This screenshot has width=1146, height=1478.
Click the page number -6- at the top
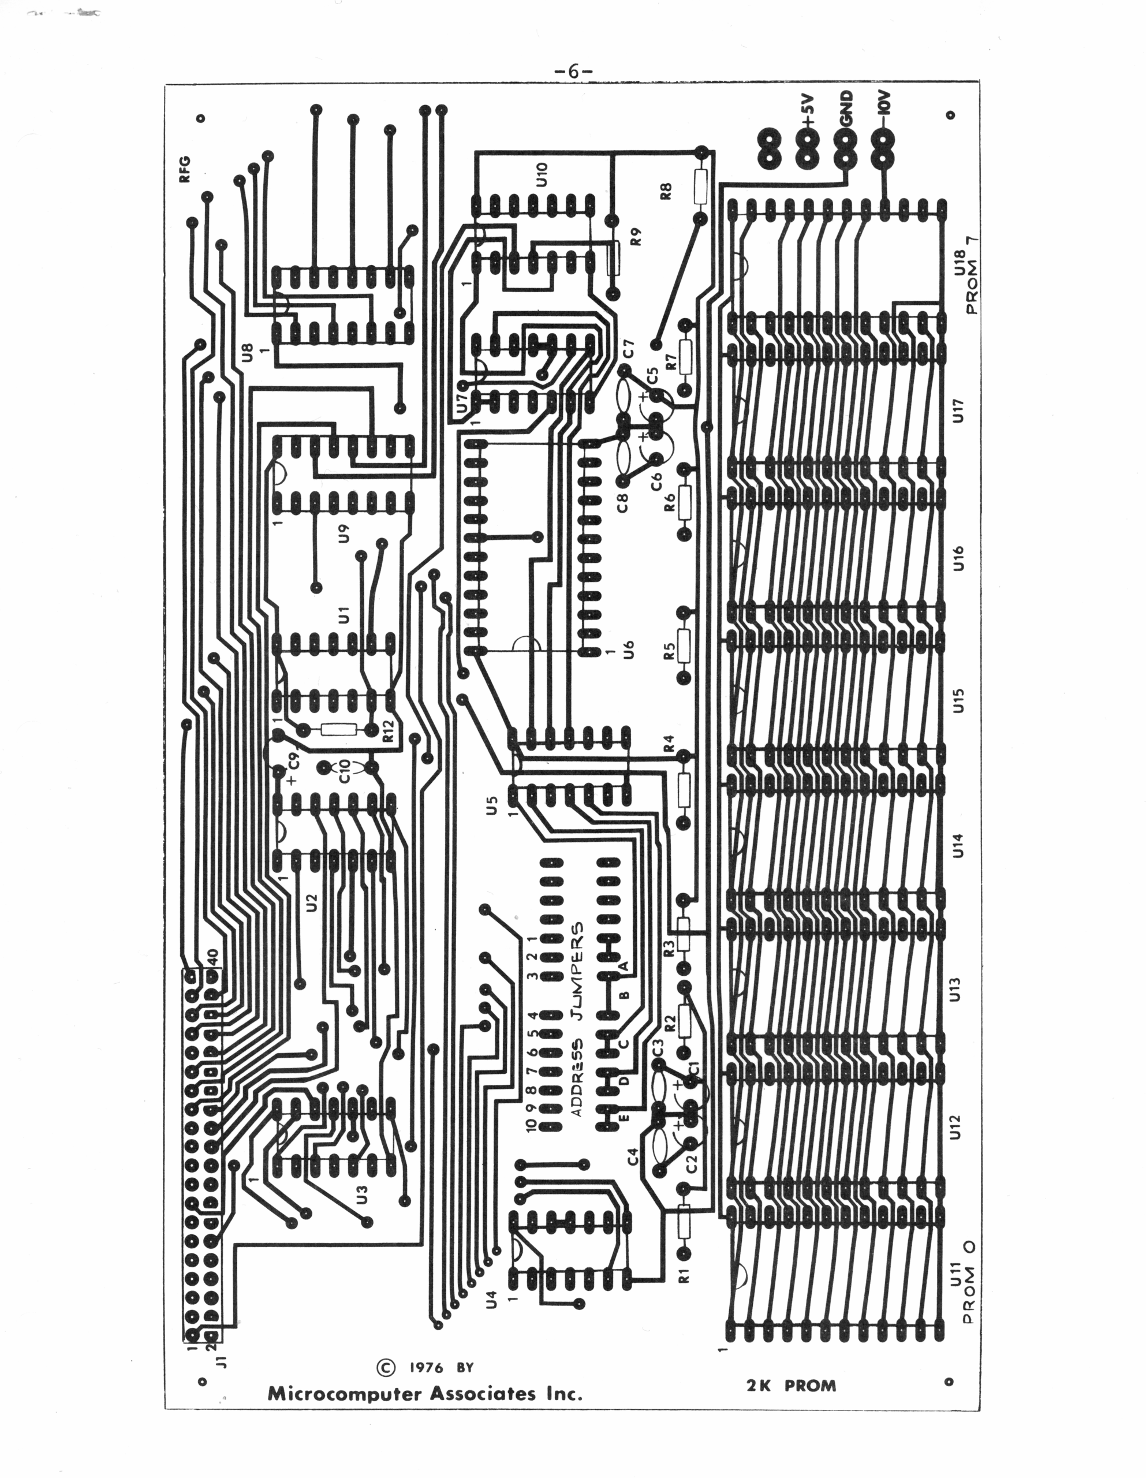click(573, 71)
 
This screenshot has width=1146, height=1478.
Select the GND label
click(847, 109)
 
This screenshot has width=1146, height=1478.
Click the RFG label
click(184, 169)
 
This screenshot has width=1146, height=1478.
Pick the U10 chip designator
click(541, 174)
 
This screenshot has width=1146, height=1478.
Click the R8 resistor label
click(666, 192)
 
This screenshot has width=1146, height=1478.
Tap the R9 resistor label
click(635, 237)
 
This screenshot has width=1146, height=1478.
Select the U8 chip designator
click(247, 353)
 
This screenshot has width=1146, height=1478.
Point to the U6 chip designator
click(628, 651)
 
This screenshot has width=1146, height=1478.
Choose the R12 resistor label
click(388, 731)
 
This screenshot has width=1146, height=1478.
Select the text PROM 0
click(969, 1282)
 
